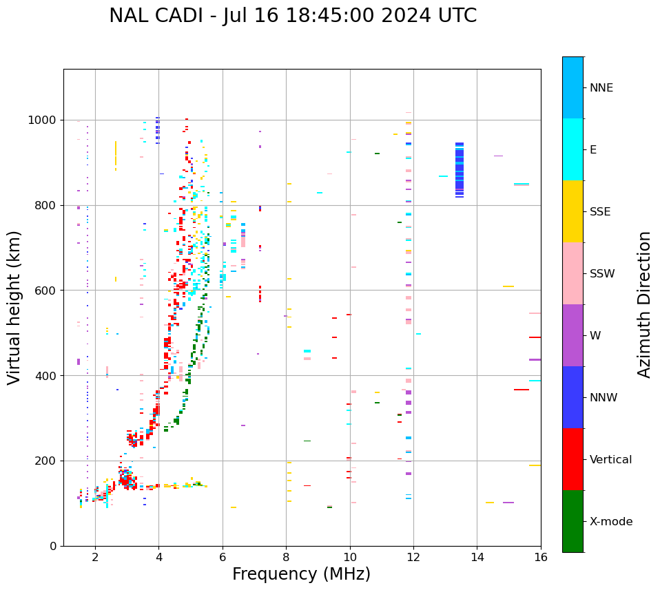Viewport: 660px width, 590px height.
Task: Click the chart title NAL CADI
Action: pos(293,16)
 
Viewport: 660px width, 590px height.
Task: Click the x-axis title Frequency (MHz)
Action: pos(301,574)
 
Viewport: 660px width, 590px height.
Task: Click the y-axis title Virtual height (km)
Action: pos(14,307)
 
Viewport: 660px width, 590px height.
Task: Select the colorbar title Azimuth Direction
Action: pos(644,304)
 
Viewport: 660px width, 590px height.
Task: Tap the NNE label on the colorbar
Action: pos(601,88)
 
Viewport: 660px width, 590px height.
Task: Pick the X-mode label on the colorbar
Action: pos(611,522)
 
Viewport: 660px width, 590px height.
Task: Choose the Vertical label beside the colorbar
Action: pos(611,460)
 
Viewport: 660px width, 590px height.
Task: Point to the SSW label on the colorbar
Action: pos(602,274)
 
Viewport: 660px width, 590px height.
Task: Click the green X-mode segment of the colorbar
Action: pos(573,521)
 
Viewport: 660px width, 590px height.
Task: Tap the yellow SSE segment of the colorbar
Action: pos(573,211)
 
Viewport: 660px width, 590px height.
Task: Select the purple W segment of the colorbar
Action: pos(573,335)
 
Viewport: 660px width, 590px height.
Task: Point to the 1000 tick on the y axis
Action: pos(45,120)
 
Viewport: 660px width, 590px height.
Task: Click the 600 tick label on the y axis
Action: pos(48,291)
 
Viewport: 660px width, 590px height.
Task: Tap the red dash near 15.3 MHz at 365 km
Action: pos(521,390)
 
